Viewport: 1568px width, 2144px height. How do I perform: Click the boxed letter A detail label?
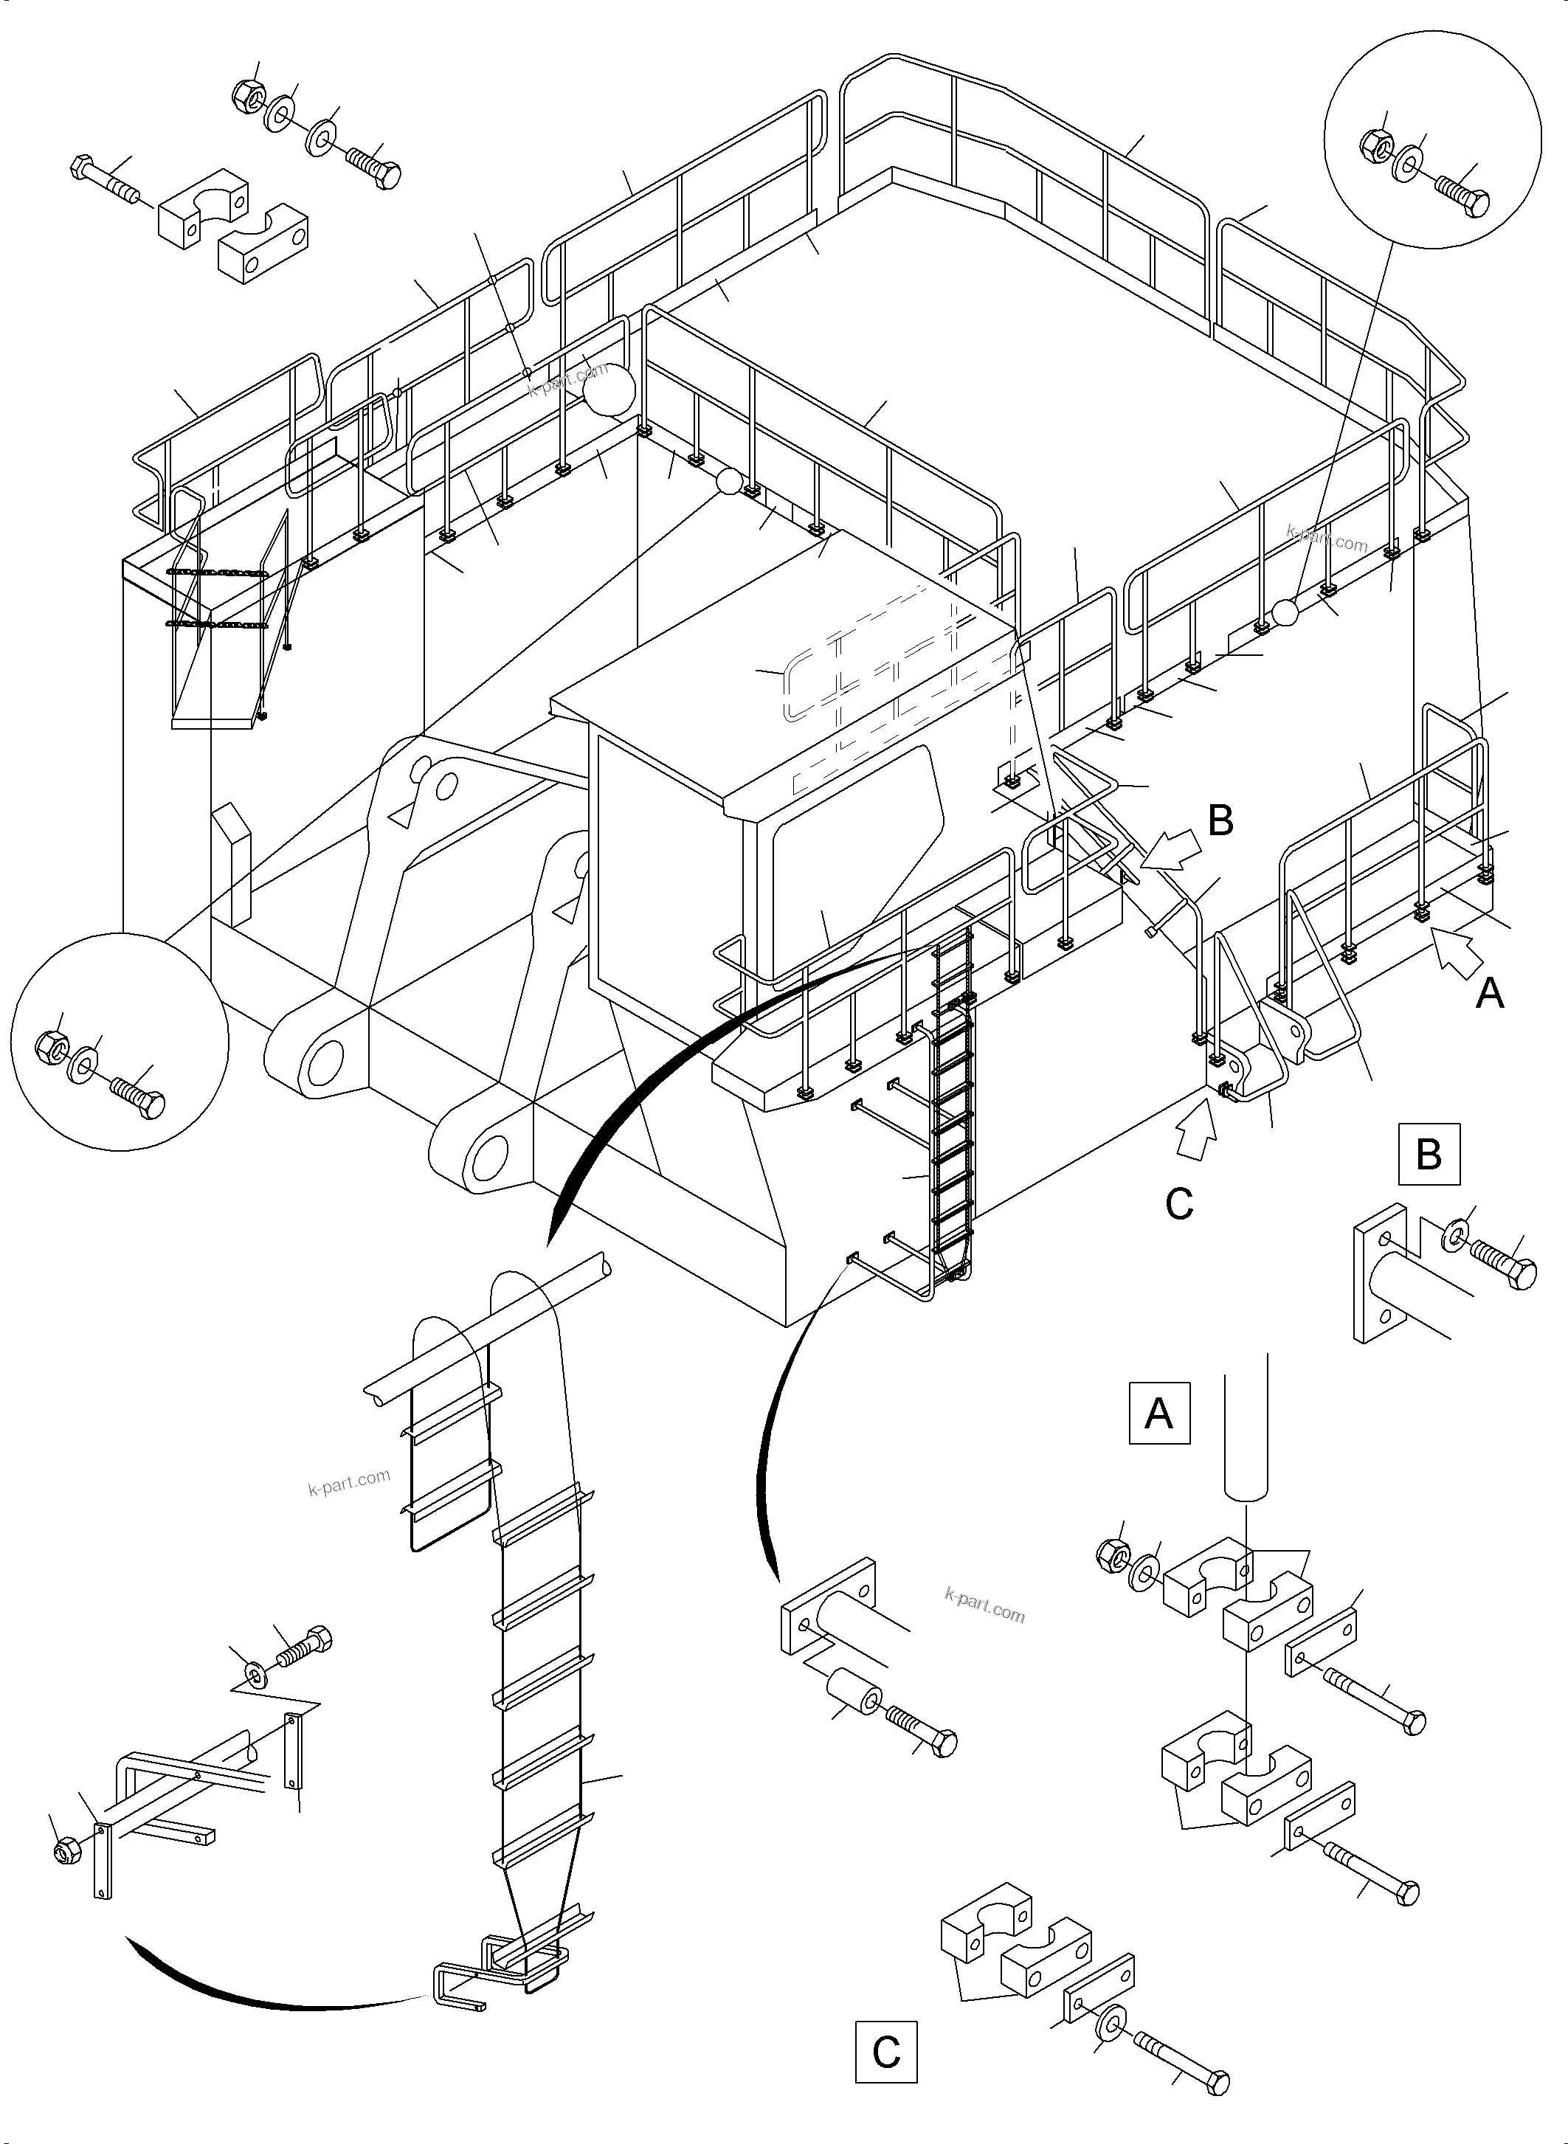click(1159, 1413)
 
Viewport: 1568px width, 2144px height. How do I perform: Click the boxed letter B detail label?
click(1429, 1154)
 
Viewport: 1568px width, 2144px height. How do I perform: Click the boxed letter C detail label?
click(885, 2052)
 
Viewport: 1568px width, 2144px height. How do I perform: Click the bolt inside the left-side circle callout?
click(139, 1096)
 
